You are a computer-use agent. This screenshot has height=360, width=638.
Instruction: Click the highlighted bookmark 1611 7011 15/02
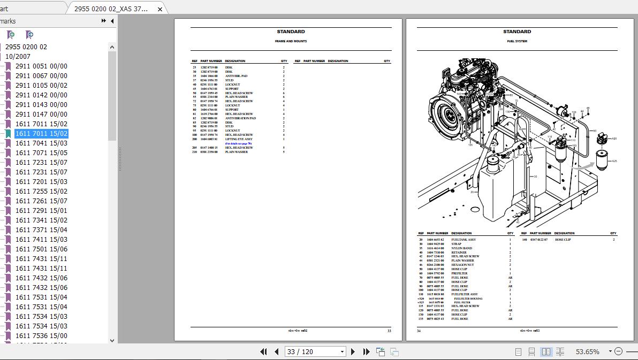[x=41, y=134]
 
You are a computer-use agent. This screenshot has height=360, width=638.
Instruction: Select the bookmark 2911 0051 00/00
[x=41, y=66]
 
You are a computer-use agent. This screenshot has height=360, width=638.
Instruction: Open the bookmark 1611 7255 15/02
[x=41, y=192]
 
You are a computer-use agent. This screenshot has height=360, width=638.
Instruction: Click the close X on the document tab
[x=160, y=9]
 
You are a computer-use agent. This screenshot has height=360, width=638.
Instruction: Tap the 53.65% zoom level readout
[x=587, y=351]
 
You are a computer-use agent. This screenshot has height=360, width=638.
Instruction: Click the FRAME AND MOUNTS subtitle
[x=291, y=41]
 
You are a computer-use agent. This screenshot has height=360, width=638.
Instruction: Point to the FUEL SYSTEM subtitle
[x=517, y=41]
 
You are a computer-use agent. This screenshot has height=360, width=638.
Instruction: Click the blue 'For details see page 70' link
[x=238, y=143]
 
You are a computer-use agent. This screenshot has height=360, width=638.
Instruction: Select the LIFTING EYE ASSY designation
[x=239, y=139]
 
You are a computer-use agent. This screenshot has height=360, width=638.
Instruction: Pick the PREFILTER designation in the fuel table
[x=459, y=273]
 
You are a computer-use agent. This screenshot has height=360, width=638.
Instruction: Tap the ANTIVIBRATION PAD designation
[x=240, y=118]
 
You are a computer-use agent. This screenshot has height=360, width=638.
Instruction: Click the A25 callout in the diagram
[x=614, y=161]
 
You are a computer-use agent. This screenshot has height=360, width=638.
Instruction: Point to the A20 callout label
[x=614, y=139]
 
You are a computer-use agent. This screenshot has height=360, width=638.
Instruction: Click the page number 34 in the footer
[x=419, y=331]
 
